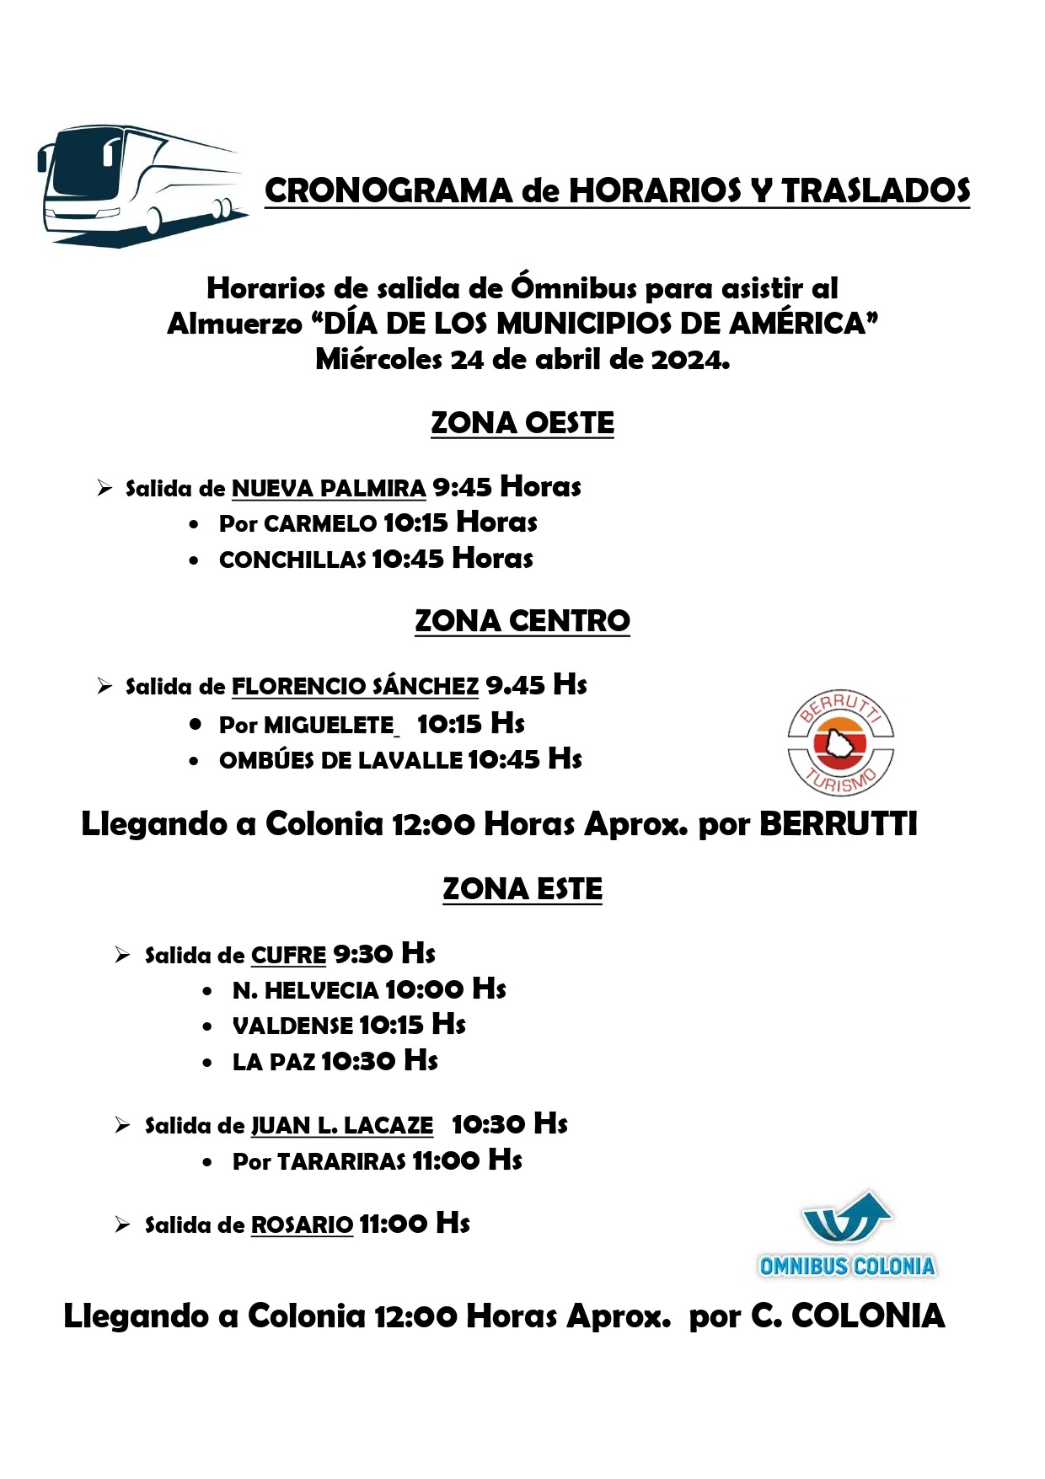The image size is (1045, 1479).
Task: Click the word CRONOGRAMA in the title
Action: pos(389,191)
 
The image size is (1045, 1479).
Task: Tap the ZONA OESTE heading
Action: pos(522,423)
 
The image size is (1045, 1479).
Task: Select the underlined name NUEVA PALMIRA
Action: pos(329,489)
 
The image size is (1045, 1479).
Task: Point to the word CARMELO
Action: pos(320,524)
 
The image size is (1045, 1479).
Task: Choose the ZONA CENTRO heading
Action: pos(522,621)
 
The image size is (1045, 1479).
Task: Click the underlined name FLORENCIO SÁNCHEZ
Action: pos(355,687)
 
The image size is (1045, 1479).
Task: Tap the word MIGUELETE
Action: pos(329,725)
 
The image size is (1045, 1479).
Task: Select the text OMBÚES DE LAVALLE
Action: pos(340,760)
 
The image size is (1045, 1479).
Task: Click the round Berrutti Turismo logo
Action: pos(840,742)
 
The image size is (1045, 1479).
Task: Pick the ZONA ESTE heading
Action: pos(522,889)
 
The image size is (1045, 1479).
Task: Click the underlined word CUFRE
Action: pos(288,956)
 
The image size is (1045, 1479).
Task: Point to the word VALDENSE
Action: pos(292,1026)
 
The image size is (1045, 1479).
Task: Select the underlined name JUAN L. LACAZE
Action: pos(342,1126)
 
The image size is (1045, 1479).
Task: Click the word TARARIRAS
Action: pos(342,1162)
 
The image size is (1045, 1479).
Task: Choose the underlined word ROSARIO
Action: pos(302,1225)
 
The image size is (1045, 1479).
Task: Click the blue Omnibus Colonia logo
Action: pos(847,1235)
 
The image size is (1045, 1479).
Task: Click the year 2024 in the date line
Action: pos(689,360)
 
